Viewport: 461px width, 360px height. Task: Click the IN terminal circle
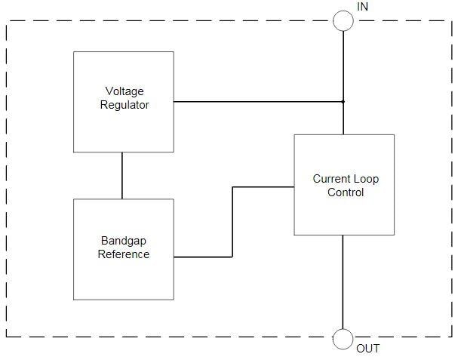[343, 20]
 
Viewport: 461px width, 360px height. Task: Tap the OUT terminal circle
[343, 340]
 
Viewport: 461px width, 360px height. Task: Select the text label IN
[363, 7]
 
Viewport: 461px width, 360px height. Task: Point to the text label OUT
[368, 349]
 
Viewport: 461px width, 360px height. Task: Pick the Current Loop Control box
[344, 211]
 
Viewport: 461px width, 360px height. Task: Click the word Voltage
[124, 92]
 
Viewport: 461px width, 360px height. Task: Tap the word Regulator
[124, 105]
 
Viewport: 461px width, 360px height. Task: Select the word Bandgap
[124, 242]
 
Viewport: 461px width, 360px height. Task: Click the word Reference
[124, 254]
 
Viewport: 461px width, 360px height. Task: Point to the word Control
[346, 192]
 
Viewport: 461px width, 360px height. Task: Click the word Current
[331, 180]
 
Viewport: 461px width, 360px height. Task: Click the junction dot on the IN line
[343, 101]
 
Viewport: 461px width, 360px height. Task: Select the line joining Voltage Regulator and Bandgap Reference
[122, 175]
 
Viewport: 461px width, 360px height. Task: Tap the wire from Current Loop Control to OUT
[343, 283]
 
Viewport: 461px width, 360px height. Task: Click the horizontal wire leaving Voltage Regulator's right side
[257, 101]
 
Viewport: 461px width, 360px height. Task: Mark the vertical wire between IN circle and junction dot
[343, 64]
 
